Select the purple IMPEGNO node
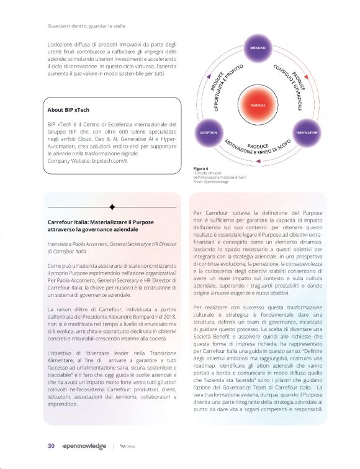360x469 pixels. tap(258, 48)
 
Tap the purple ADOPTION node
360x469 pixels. tap(209, 133)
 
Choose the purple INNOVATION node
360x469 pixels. tap(306, 133)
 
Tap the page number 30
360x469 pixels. tap(52, 445)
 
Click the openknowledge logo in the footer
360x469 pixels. tap(83, 446)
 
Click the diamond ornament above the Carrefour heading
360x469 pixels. tap(112, 207)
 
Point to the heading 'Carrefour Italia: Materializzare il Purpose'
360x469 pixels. tap(106, 222)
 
